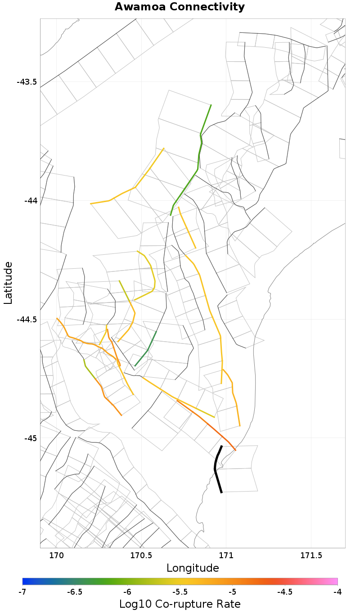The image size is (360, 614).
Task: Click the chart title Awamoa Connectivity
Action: [180, 7]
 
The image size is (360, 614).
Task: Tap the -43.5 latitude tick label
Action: [27, 82]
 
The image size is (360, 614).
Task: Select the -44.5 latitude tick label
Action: [27, 320]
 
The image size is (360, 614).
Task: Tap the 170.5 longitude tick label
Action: [142, 555]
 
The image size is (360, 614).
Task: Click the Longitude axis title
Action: [193, 568]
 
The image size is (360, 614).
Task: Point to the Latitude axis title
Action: [9, 283]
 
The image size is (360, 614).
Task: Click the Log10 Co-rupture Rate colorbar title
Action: [180, 604]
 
